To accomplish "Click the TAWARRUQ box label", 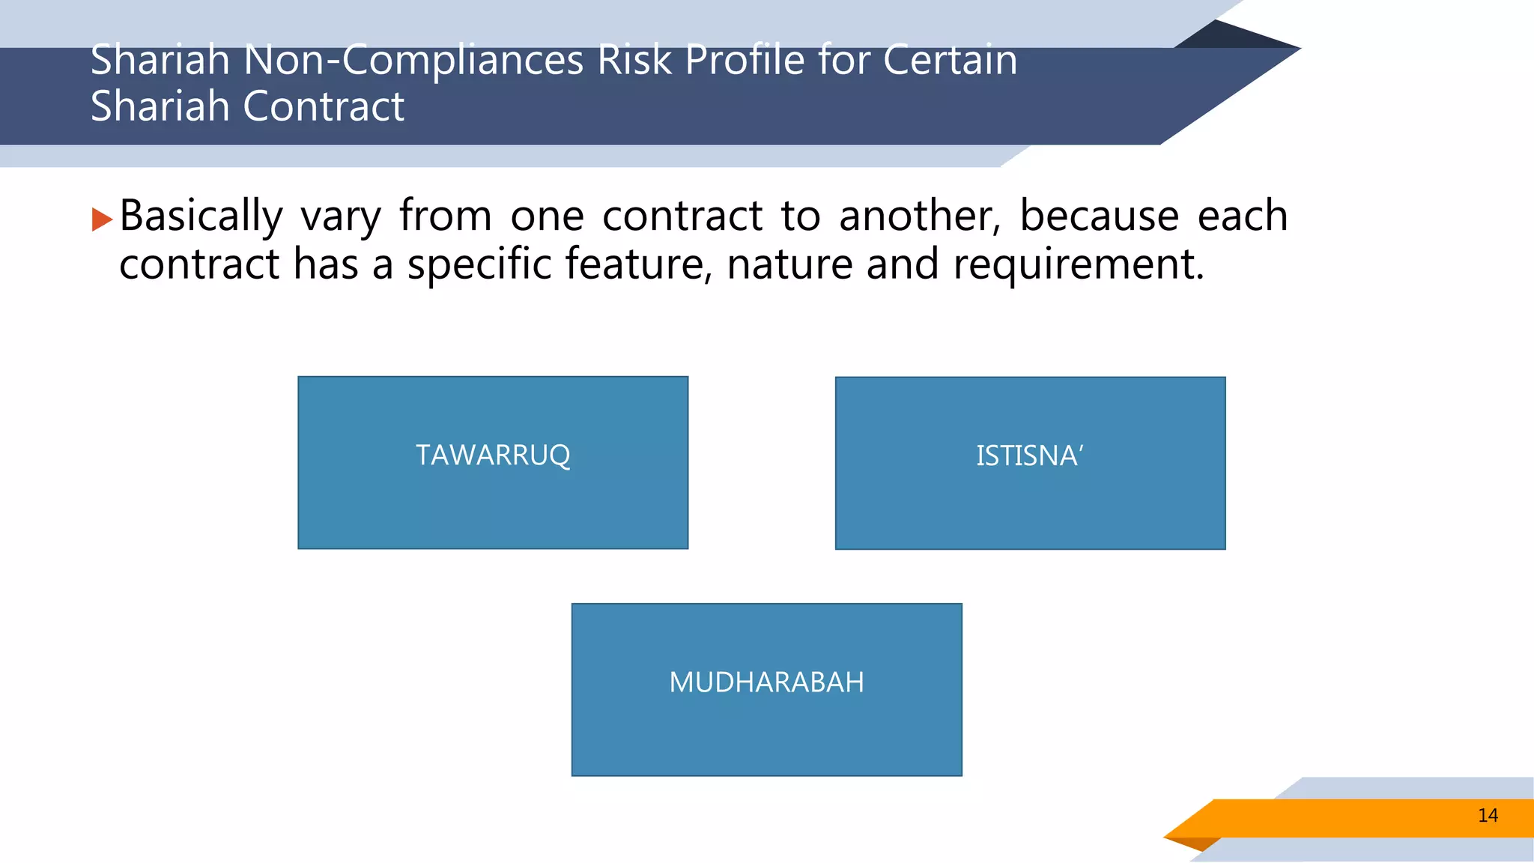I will click(x=493, y=455).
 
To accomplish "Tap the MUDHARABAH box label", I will click(x=766, y=682).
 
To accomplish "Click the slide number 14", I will click(x=1488, y=816).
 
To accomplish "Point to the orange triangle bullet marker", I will click(x=101, y=219).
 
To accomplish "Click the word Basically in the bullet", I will click(x=201, y=217).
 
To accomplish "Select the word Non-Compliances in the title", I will click(x=413, y=60).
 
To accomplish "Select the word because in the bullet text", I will click(x=1100, y=216).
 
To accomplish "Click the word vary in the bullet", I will click(x=341, y=217).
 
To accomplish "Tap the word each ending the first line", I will click(x=1243, y=216).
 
